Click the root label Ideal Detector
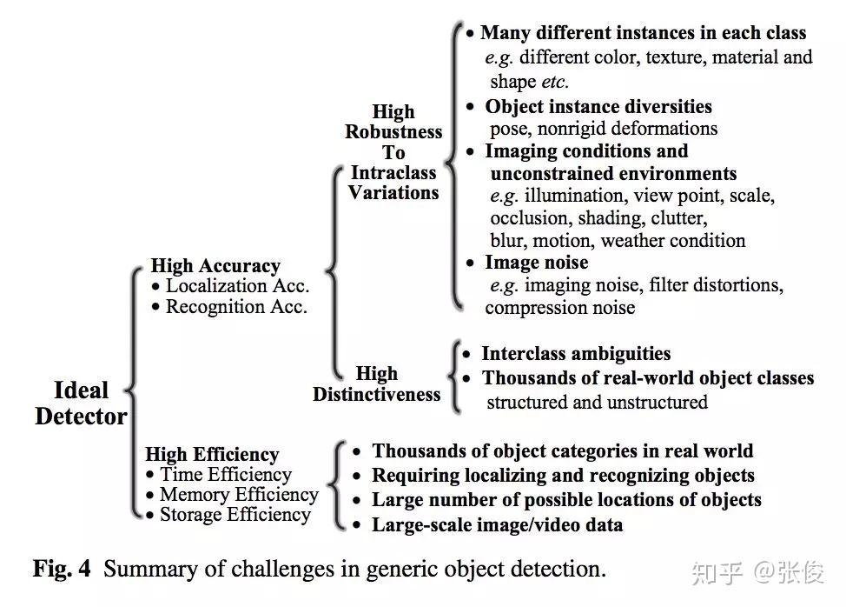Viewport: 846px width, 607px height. [x=81, y=404]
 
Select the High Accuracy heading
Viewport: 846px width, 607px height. [x=215, y=266]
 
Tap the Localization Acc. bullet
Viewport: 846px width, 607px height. [x=237, y=286]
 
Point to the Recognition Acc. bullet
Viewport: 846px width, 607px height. [x=236, y=307]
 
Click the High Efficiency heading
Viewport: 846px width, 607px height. [x=212, y=454]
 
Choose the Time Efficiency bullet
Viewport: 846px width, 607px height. [x=225, y=475]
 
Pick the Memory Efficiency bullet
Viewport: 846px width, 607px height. [x=239, y=495]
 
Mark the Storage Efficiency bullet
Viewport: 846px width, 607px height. [x=235, y=515]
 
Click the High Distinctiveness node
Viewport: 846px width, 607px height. [x=376, y=384]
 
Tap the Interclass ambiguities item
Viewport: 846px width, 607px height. [x=576, y=354]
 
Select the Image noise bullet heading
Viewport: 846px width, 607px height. [x=536, y=263]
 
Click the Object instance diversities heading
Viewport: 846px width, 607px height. [x=598, y=107]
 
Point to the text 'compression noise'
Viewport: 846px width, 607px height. [x=559, y=308]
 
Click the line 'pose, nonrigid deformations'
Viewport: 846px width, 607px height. [x=604, y=129]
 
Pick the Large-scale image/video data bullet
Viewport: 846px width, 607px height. [x=497, y=524]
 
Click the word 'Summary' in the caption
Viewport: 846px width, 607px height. [x=141, y=570]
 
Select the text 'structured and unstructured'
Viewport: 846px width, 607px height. [x=597, y=402]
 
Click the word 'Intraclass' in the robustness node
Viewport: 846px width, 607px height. [x=394, y=172]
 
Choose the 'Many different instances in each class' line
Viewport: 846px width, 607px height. [x=643, y=34]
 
